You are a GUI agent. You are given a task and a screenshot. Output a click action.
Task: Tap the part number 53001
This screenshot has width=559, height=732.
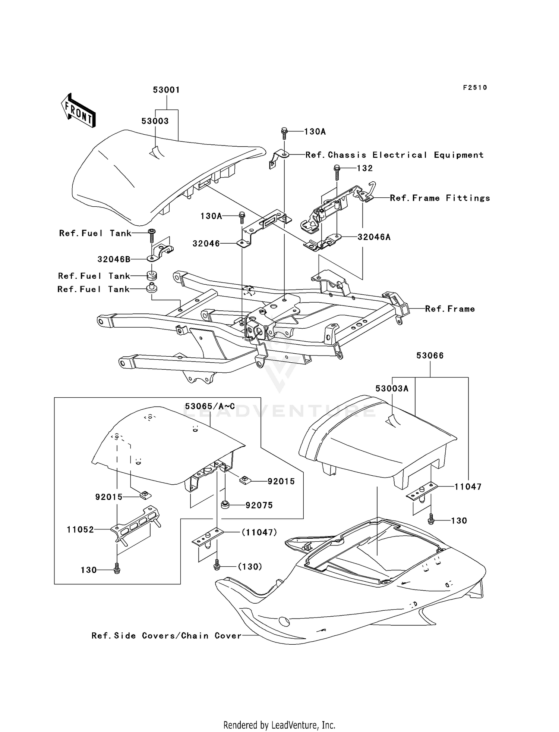click(x=166, y=90)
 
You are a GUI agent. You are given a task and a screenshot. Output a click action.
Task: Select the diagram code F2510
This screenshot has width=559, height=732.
click(x=475, y=88)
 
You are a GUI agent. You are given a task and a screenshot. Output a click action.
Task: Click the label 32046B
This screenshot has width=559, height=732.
click(x=114, y=259)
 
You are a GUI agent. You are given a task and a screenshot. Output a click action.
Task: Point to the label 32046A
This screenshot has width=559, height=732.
click(x=374, y=237)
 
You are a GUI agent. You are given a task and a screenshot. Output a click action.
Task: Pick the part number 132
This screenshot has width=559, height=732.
click(x=364, y=168)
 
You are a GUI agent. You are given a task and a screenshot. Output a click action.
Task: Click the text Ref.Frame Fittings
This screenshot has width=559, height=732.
click(x=440, y=198)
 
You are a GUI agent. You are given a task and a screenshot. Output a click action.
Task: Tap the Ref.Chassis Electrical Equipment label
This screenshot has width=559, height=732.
click(x=394, y=155)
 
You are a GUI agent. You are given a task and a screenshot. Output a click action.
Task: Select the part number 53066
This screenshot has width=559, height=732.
click(x=430, y=356)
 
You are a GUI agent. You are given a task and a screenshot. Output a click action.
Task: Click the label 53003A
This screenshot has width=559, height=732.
click(x=392, y=389)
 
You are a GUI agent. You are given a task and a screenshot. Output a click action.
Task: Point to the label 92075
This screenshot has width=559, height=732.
click(x=259, y=505)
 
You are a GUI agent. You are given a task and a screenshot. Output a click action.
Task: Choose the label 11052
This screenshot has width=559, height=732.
click(x=80, y=529)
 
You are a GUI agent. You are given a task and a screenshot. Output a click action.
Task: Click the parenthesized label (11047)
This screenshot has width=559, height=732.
click(x=259, y=532)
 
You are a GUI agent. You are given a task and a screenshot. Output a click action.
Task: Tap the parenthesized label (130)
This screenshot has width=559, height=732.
click(x=250, y=567)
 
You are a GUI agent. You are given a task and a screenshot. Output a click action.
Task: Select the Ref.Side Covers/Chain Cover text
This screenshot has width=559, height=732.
click(x=167, y=636)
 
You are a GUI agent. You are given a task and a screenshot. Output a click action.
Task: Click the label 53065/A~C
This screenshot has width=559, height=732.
click(x=210, y=406)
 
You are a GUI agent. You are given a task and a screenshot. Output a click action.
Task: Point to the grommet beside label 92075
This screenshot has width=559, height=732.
click(x=225, y=505)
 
